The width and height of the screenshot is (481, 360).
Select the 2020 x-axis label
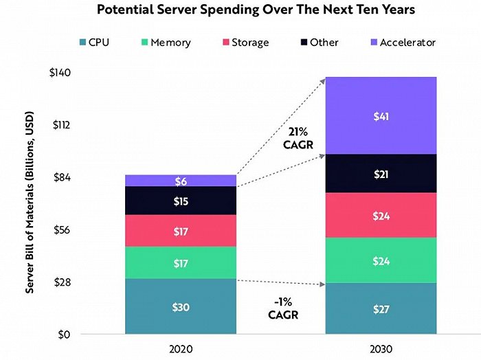point(180,349)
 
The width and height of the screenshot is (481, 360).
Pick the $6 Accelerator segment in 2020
point(181,181)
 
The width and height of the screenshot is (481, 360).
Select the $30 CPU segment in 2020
point(181,307)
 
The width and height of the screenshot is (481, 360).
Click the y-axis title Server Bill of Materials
point(31,203)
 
